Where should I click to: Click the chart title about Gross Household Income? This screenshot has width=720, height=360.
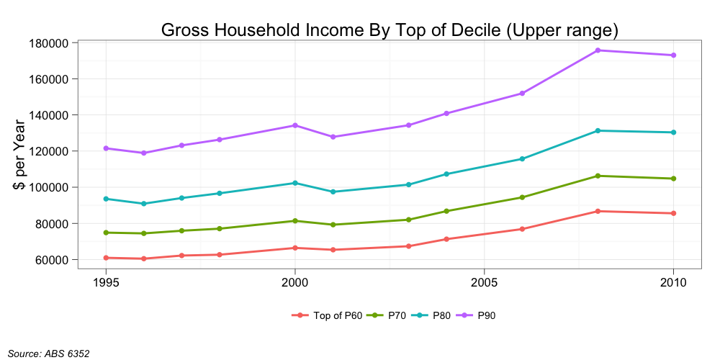(390, 30)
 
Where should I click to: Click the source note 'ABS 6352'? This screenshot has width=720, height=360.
(48, 353)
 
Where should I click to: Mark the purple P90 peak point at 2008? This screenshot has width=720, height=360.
(598, 50)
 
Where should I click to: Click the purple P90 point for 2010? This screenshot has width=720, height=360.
(673, 55)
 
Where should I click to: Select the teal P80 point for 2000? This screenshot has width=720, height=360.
(295, 183)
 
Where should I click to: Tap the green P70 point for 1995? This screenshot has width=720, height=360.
(106, 233)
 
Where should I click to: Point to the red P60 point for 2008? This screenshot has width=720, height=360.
(598, 211)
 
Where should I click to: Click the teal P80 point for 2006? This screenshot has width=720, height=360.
(522, 159)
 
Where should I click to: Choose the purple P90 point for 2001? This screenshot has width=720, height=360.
(333, 137)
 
